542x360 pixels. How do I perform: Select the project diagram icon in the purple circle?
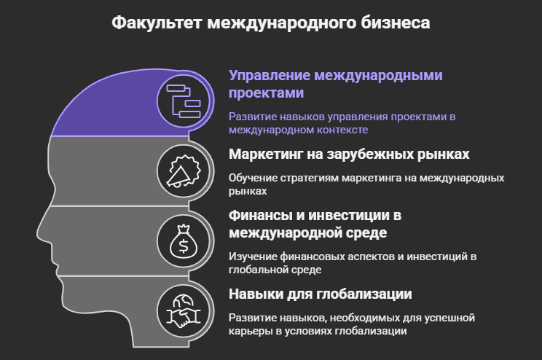coord(184,101)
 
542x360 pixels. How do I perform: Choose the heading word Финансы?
coord(259,216)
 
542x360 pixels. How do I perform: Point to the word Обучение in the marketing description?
coord(251,179)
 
